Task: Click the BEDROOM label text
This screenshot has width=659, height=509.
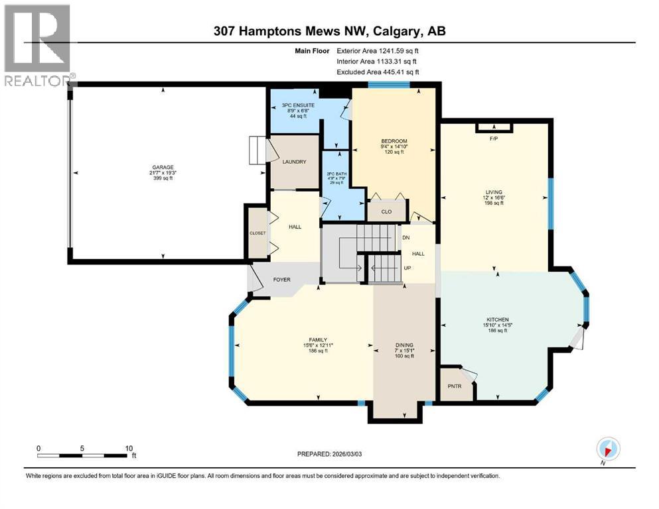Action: [x=394, y=141]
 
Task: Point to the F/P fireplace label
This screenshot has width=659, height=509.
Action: [x=493, y=139]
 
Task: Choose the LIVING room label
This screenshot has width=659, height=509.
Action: [x=494, y=192]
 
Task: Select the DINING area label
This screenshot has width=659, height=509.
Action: [x=404, y=345]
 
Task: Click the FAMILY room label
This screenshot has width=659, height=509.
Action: [x=316, y=339]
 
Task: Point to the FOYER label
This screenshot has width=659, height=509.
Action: [x=282, y=280]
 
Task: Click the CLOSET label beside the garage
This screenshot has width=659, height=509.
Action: [x=257, y=233]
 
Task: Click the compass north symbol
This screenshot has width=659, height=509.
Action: [x=609, y=447]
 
